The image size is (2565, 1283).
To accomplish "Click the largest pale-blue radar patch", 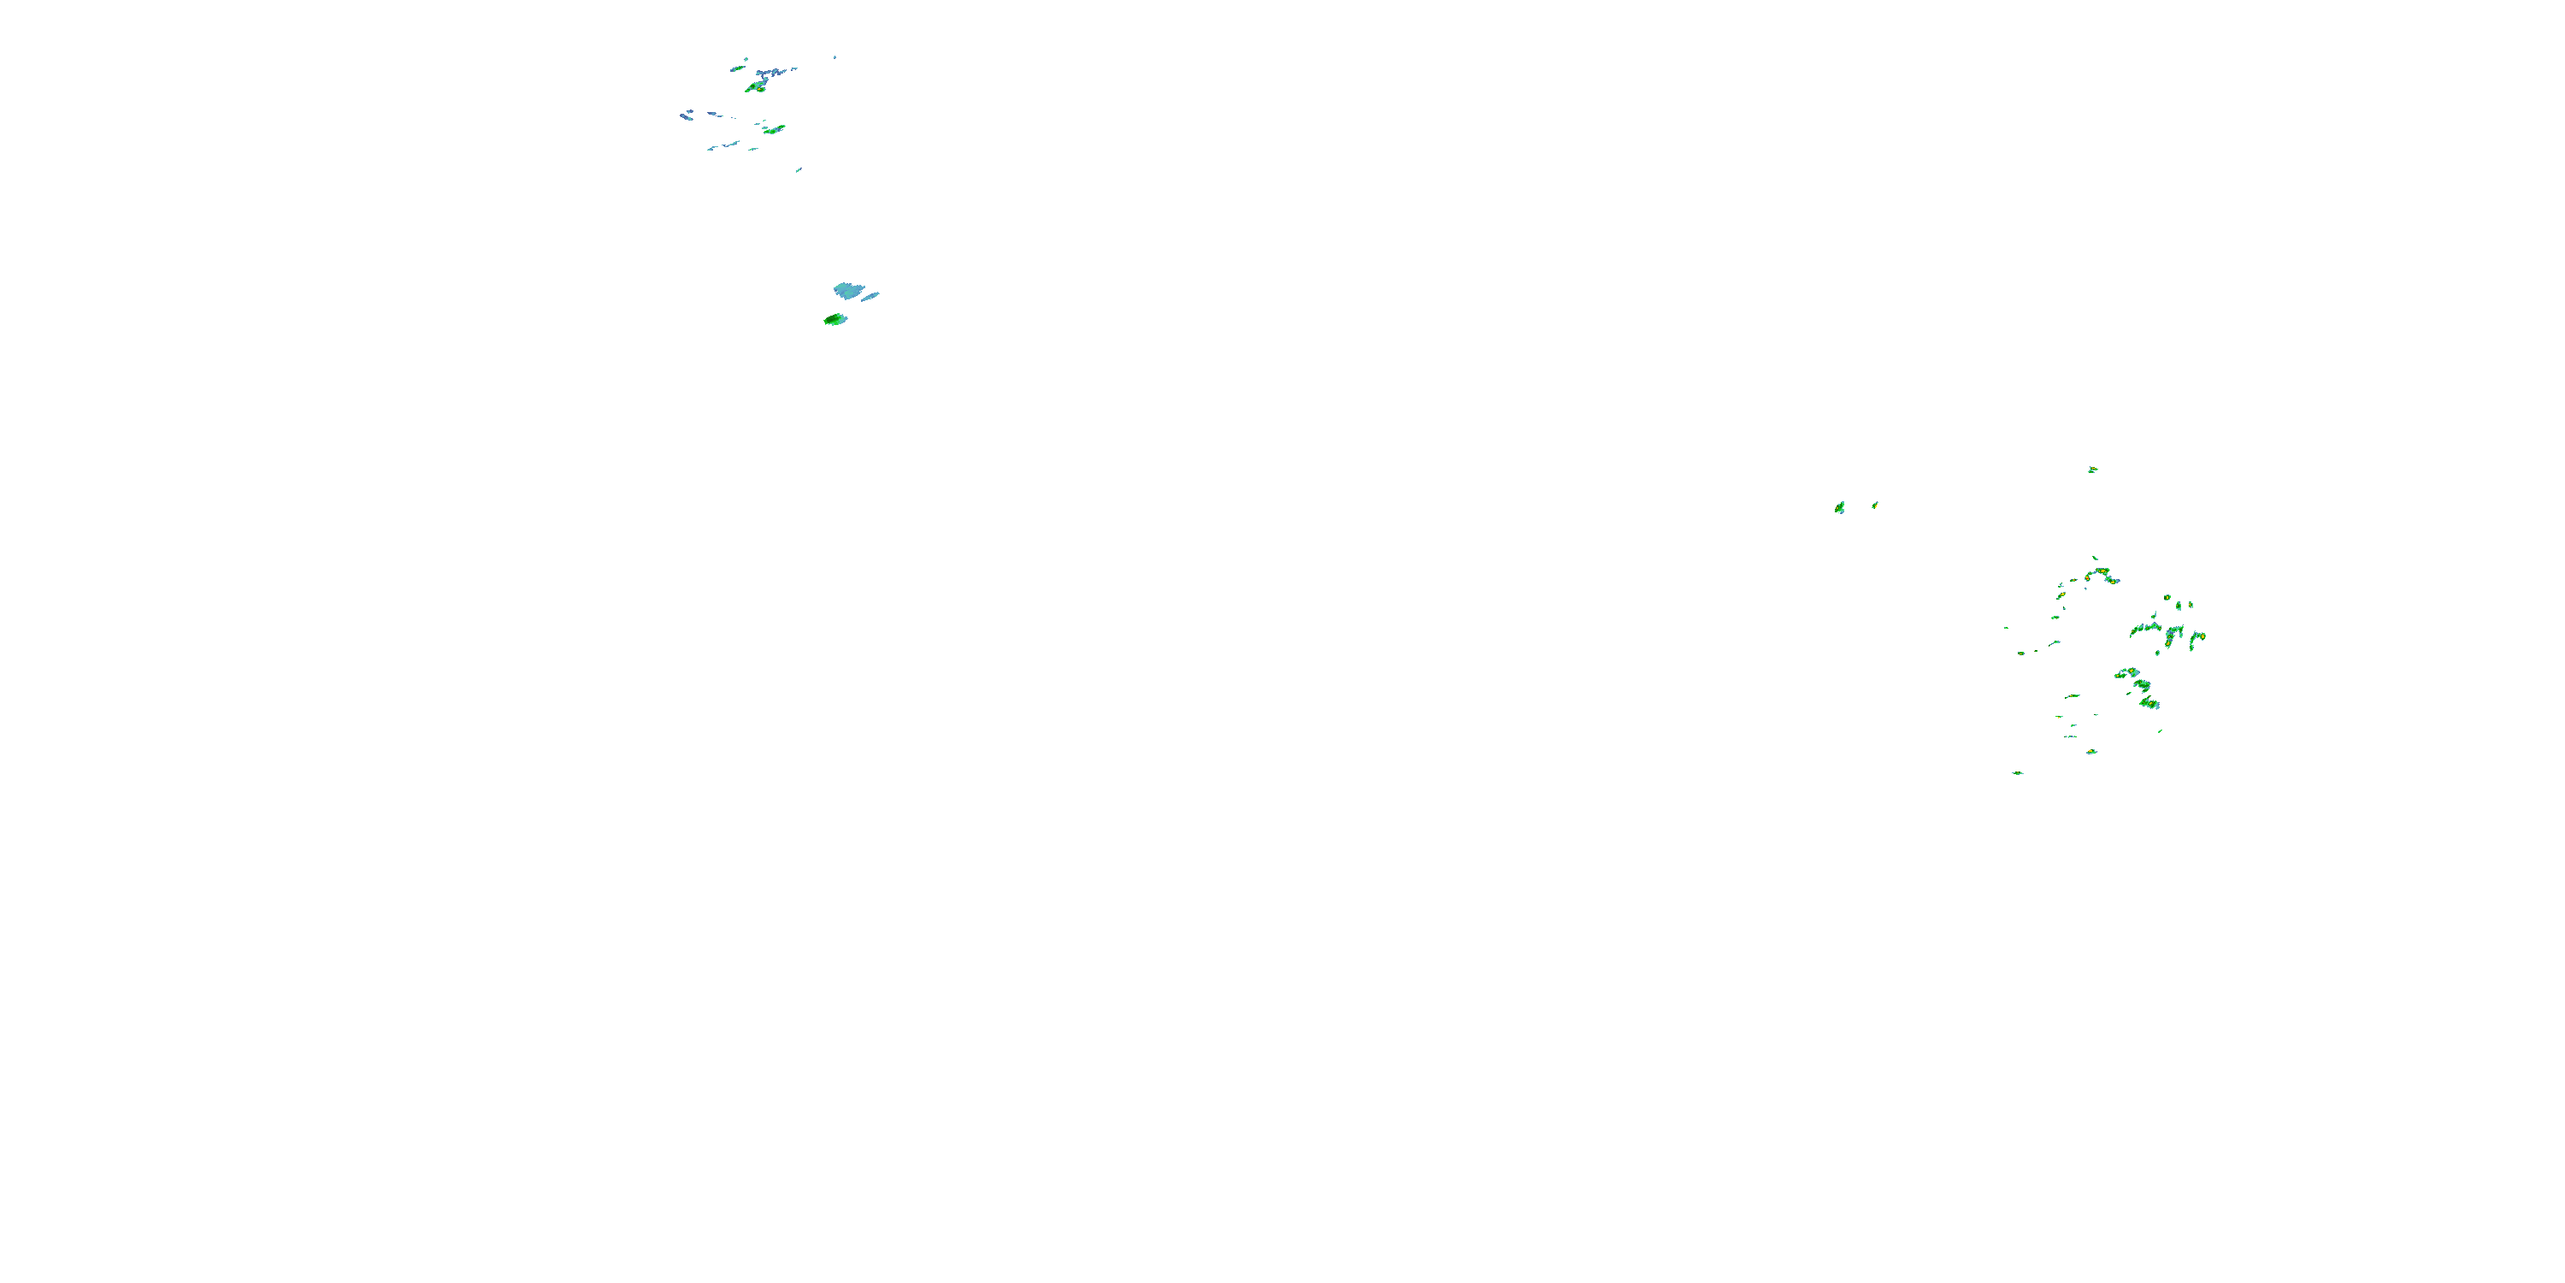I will [848, 291].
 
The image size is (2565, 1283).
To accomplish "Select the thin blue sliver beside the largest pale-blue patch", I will [870, 296].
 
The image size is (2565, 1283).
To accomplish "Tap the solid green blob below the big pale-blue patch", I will [834, 320].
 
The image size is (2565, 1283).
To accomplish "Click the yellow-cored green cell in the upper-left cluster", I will [756, 87].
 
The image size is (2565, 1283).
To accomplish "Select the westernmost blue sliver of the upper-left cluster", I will [686, 116].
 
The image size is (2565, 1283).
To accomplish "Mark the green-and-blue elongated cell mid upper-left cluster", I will [774, 129].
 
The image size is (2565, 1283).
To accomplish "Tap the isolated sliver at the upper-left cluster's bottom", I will [799, 170].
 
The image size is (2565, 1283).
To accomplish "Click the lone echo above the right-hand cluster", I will [2092, 470].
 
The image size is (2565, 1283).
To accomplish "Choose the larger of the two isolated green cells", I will [1839, 508].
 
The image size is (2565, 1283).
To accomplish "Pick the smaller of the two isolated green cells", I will [1875, 505].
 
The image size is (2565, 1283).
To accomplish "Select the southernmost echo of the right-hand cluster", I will [2017, 773].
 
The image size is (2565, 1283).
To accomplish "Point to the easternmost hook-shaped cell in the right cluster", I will [2196, 636].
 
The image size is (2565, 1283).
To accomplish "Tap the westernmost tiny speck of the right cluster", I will [2005, 628].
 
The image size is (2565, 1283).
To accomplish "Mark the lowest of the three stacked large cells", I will [2149, 703].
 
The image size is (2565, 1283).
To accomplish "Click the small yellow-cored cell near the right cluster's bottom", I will [2091, 751].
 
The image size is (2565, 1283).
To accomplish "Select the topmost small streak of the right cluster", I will [2094, 558].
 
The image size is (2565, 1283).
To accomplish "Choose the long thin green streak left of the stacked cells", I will [2073, 696].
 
